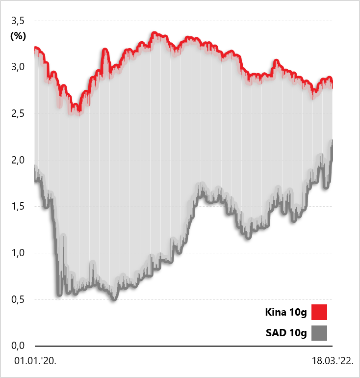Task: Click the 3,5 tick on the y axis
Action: [x=18, y=21]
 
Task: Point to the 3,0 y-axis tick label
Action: [x=18, y=67]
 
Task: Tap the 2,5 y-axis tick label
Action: [x=18, y=114]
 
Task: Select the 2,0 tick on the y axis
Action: [x=18, y=160]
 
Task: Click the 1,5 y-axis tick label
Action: [x=18, y=207]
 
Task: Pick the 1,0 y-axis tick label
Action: [x=18, y=253]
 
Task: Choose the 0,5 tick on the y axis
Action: [x=18, y=299]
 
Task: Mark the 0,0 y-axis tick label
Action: [x=18, y=346]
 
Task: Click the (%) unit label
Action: [x=18, y=36]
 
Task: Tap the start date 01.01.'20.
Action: [x=35, y=362]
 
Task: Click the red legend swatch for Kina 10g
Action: [x=319, y=312]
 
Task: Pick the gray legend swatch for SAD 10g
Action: [x=319, y=334]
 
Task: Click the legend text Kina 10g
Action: [x=286, y=312]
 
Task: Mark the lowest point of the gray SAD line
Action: [x=114, y=298]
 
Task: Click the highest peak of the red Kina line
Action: [x=154, y=33]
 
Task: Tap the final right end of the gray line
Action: [x=332, y=141]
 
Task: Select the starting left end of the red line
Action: [x=35, y=48]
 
